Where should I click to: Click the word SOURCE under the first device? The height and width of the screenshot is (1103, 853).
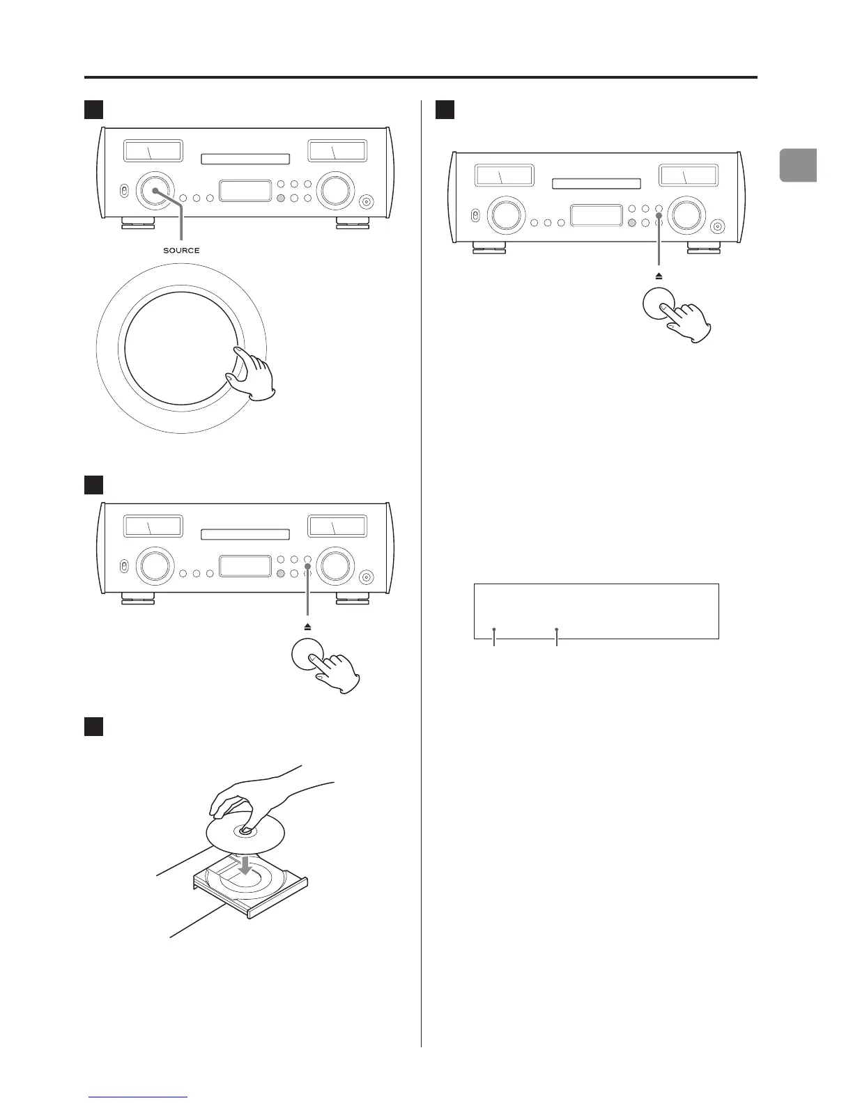click(x=181, y=250)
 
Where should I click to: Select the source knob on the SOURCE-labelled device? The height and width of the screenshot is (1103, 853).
click(x=155, y=189)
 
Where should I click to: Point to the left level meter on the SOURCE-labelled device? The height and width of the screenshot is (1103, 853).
click(x=153, y=151)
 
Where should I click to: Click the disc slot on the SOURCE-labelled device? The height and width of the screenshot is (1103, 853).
click(x=245, y=159)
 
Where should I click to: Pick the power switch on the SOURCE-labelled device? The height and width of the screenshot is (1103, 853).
click(x=123, y=191)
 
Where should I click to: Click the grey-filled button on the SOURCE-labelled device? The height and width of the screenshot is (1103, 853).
click(x=280, y=198)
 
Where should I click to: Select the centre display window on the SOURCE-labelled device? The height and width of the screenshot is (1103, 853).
click(x=245, y=191)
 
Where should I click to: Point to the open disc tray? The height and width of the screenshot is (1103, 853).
click(x=251, y=891)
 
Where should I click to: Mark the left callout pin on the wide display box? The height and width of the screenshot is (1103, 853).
click(x=494, y=630)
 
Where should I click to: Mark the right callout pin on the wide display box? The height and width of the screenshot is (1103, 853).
click(x=557, y=630)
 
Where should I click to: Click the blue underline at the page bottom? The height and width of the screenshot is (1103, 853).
click(x=139, y=1097)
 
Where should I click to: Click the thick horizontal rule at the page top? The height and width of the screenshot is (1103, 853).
click(x=420, y=77)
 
